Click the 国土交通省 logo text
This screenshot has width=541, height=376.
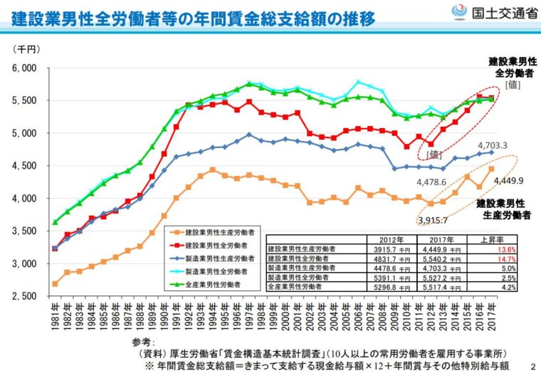pos(499,12)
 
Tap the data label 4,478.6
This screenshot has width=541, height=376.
pos(431,182)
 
